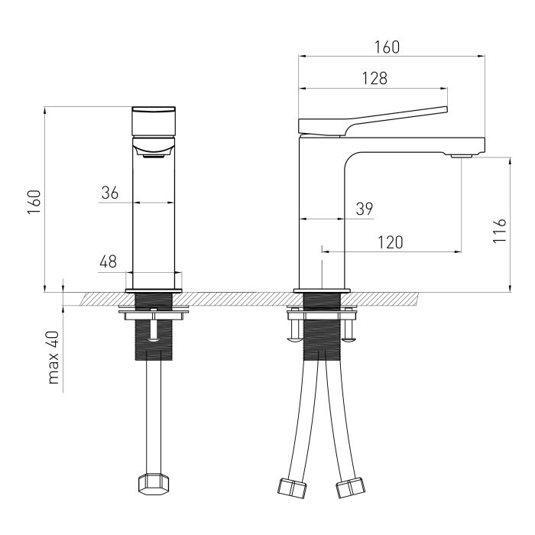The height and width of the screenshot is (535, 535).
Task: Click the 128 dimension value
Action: [x=374, y=78]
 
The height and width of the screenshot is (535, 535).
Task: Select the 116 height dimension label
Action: [x=499, y=231]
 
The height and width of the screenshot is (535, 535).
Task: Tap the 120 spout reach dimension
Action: [x=391, y=242]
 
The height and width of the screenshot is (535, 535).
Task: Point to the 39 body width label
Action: [x=365, y=209]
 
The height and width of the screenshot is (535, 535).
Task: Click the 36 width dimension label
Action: [x=109, y=193]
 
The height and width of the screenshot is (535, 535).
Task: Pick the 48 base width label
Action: [x=109, y=261]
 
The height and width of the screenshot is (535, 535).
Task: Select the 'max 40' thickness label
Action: [x=53, y=358]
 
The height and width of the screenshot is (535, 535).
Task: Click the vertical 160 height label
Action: [x=34, y=203]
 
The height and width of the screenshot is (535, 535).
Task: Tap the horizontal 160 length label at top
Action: [x=387, y=47]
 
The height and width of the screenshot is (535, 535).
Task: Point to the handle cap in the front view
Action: [x=154, y=122]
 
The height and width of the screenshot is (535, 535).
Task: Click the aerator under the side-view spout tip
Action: [x=462, y=156]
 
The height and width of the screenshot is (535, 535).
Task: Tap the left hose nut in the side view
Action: [x=293, y=486]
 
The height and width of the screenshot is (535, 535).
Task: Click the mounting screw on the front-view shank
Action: [x=154, y=325]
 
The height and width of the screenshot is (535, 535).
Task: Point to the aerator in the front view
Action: [x=154, y=156]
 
